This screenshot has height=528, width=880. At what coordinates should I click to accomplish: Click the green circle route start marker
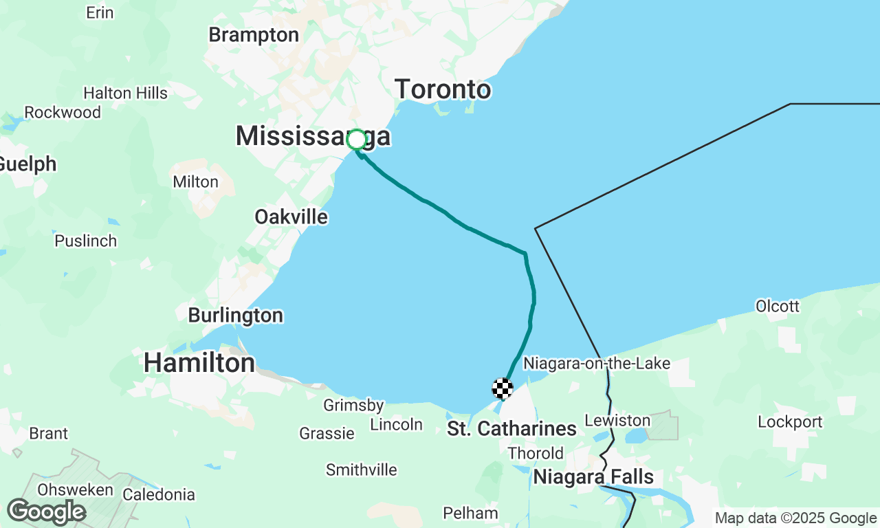pos(356,140)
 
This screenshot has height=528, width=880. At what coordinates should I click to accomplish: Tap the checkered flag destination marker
pos(503,388)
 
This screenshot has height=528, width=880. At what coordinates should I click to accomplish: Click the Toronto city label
pos(443,89)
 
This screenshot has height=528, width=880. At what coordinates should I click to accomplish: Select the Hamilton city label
pos(199,362)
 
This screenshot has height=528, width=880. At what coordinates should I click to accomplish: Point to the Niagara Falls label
pos(593,476)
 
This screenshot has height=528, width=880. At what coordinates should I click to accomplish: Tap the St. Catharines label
pos(511,429)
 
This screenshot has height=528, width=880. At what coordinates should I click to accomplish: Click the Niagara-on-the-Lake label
pos(596,363)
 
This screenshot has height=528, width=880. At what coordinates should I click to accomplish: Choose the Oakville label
pos(291,217)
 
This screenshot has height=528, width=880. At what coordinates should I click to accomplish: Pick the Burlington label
pos(235,316)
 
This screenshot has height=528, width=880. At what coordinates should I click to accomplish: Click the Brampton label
pos(254,34)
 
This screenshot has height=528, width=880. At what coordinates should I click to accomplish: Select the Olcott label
pos(777,306)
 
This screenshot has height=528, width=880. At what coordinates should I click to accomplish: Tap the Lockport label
pos(790,421)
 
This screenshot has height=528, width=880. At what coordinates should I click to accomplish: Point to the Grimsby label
pos(353,406)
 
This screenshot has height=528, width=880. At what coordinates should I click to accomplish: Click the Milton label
pos(195,182)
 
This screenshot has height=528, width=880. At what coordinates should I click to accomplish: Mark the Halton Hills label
pos(125,93)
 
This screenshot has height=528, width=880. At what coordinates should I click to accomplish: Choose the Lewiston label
pos(617,420)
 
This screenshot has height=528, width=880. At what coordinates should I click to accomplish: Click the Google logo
pos(46,511)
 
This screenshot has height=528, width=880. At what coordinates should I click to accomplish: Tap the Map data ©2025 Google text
pos(795,518)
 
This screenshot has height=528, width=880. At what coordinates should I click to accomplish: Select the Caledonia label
pos(158,494)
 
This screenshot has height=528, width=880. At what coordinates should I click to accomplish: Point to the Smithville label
pos(361,470)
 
